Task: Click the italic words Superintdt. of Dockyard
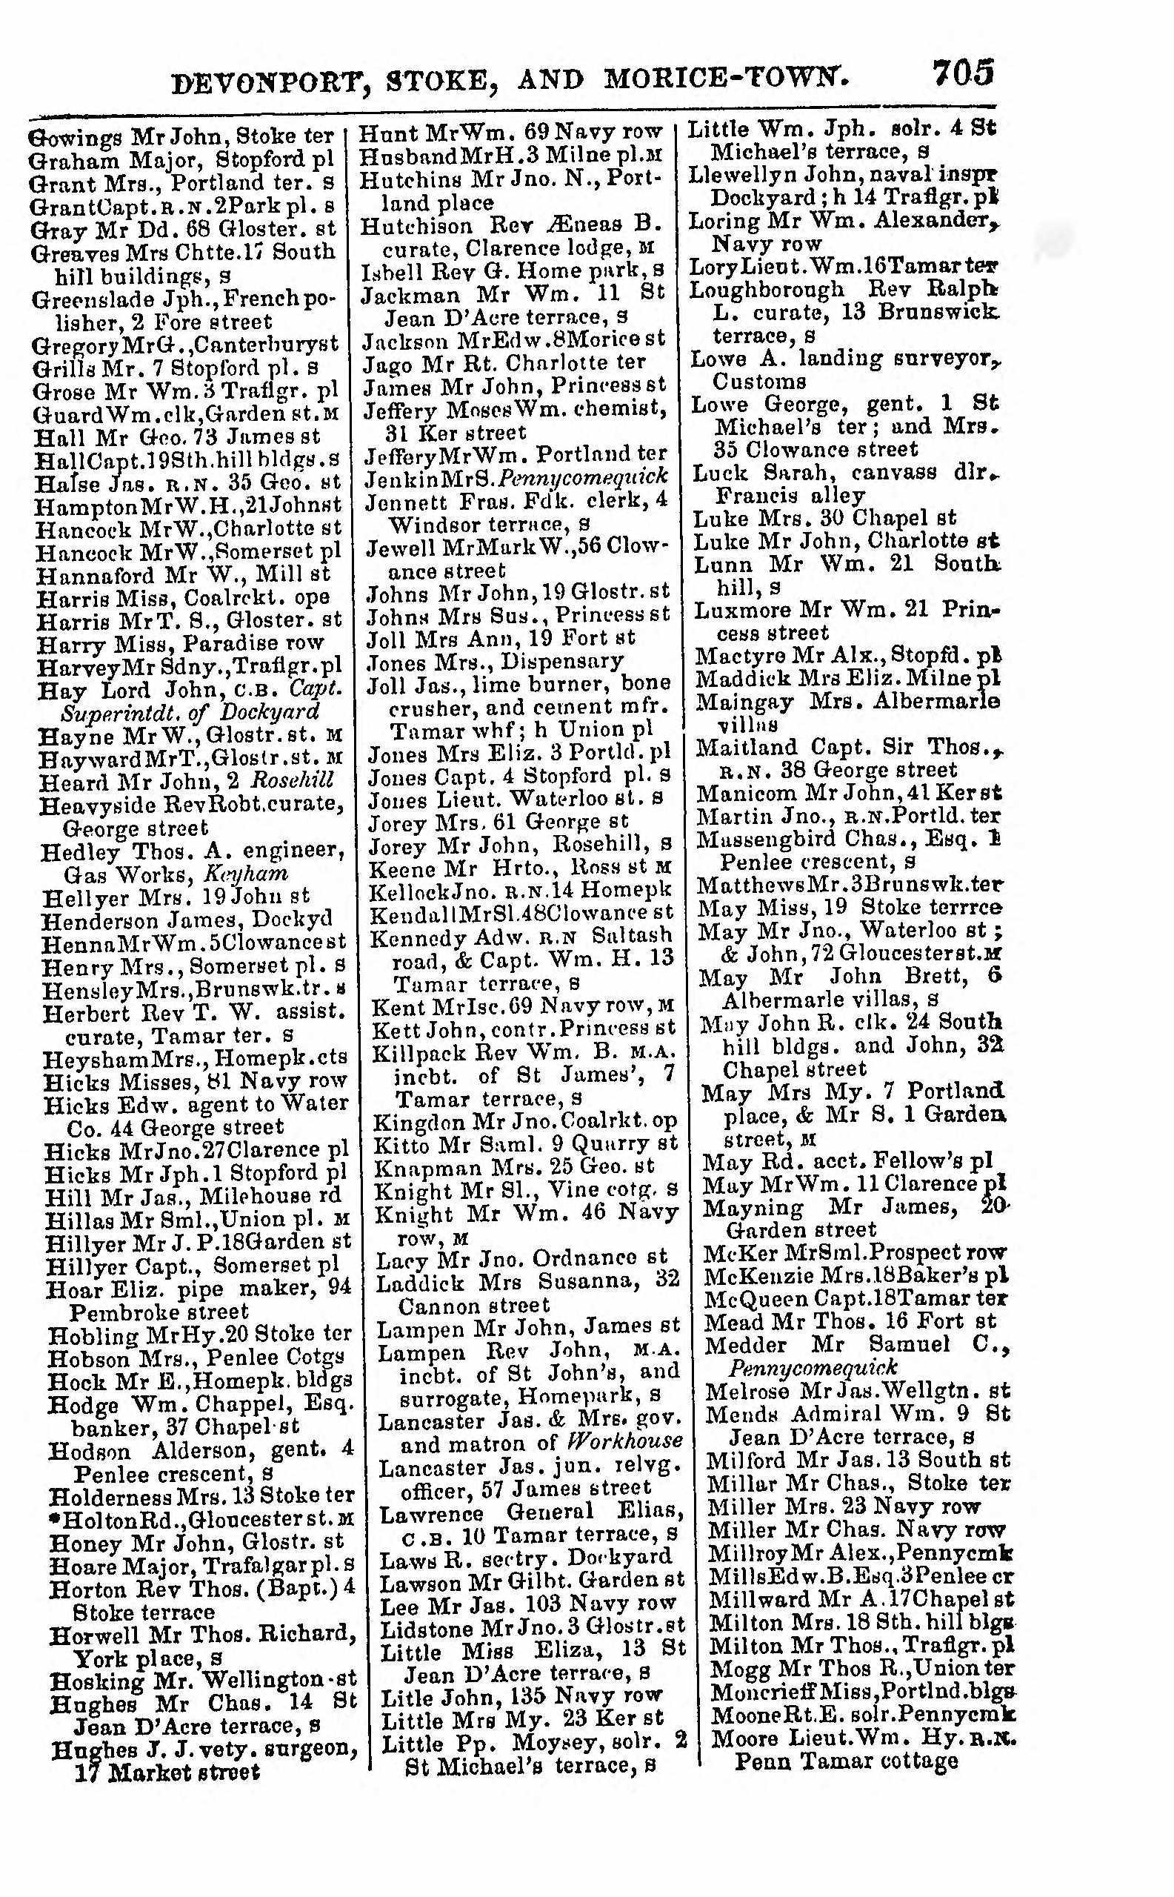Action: [x=190, y=712]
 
